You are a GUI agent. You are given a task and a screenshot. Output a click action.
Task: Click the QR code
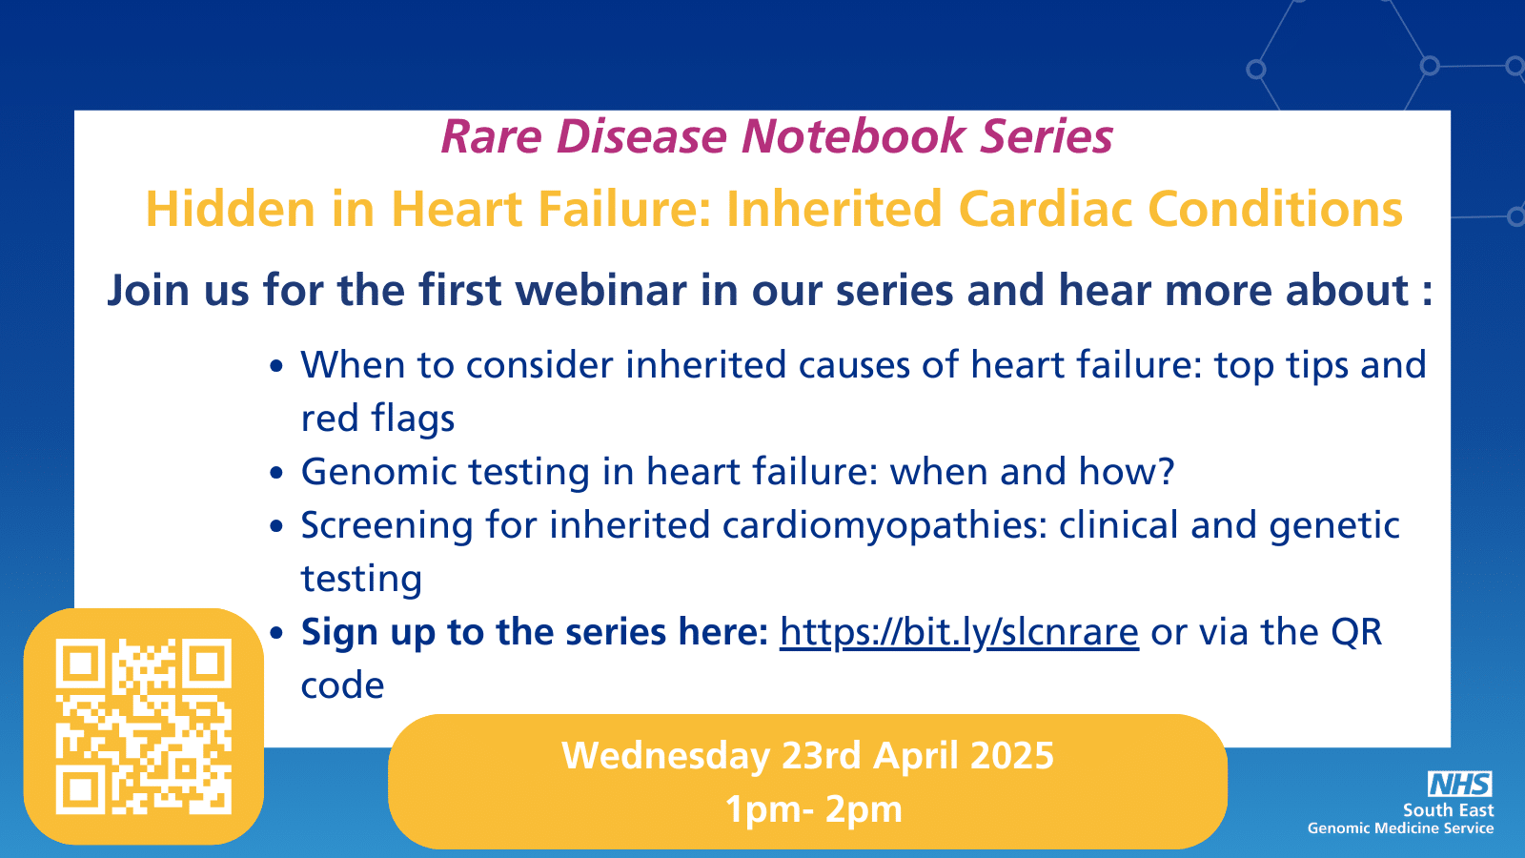(144, 726)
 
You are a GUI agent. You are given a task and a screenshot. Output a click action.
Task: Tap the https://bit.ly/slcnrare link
(959, 633)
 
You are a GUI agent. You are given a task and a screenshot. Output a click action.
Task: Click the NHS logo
(1459, 784)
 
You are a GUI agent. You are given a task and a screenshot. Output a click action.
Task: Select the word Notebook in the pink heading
(853, 136)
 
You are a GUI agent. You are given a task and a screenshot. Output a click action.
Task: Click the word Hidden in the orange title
(230, 209)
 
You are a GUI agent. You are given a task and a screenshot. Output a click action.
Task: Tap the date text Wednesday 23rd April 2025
(807, 756)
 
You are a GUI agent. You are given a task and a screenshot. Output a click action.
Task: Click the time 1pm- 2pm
(814, 809)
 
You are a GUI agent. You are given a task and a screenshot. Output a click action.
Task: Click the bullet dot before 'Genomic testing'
(275, 473)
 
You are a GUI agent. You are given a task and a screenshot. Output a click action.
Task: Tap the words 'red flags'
(377, 418)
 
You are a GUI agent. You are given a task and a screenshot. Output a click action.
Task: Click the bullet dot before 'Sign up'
(275, 633)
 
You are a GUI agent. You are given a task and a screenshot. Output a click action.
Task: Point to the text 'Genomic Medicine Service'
(1400, 828)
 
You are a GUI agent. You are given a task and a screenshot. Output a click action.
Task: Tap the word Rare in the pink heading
(492, 136)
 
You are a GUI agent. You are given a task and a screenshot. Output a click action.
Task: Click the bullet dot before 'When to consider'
(275, 366)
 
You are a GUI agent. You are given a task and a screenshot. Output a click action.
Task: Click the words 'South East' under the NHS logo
(1448, 810)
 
